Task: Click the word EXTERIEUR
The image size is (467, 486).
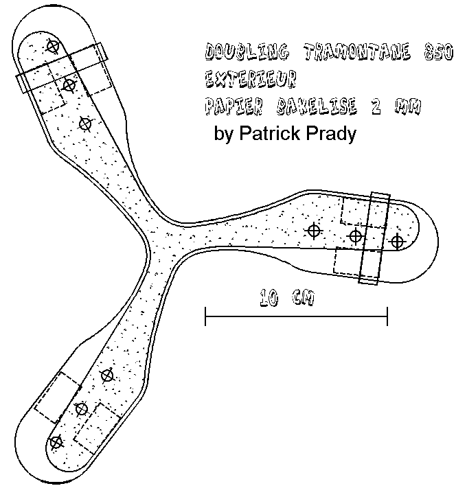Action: [250, 79]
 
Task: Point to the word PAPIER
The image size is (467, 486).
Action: [231, 106]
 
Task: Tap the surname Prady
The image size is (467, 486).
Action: [332, 134]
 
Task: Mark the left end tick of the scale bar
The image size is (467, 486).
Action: [206, 316]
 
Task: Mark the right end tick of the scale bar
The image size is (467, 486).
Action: [387, 316]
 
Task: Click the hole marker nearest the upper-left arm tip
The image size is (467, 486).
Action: [53, 46]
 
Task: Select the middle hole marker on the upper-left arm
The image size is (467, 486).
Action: [69, 85]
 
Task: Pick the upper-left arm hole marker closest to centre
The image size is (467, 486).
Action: [85, 124]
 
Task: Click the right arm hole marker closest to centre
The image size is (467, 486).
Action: [314, 231]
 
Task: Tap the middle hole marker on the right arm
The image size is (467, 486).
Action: [355, 236]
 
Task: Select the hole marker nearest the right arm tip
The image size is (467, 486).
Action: [396, 241]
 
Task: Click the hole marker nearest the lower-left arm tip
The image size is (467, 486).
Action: [56, 441]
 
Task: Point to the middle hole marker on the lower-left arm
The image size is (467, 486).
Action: [81, 408]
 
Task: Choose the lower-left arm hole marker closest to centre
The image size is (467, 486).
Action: [106, 375]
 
